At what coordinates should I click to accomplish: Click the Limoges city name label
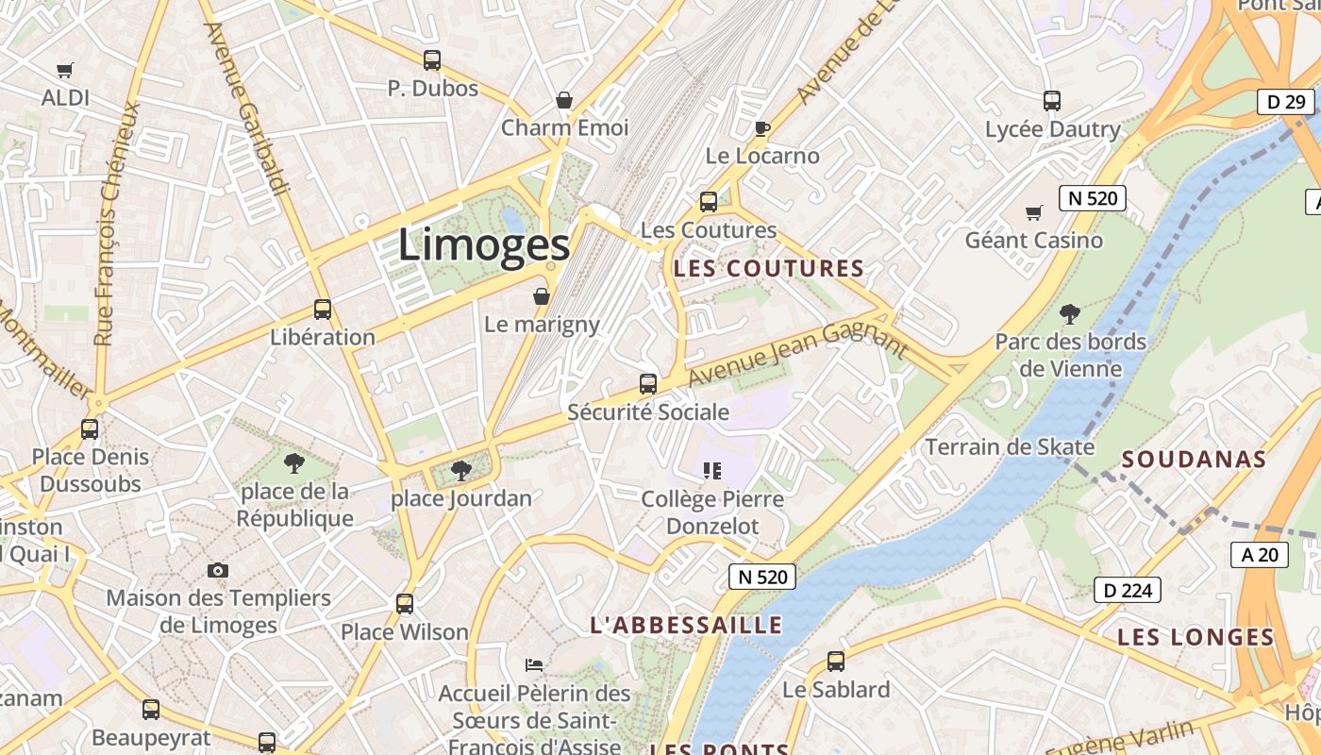click(484, 245)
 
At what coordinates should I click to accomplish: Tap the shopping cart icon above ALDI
click(65, 70)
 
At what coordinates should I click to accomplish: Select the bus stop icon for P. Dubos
click(432, 60)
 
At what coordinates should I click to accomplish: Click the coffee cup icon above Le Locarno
click(762, 128)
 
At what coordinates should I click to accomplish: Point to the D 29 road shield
click(1285, 102)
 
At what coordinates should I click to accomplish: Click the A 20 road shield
click(1260, 555)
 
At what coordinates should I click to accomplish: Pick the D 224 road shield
click(1127, 591)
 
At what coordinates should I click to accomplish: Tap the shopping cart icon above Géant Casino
click(1034, 213)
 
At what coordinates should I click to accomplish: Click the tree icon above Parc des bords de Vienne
click(1070, 314)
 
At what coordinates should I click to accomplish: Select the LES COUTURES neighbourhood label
click(769, 269)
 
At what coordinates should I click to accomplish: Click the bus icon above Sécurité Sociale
click(648, 384)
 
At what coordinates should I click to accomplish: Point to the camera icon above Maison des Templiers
click(218, 570)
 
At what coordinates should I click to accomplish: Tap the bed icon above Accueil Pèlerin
click(534, 664)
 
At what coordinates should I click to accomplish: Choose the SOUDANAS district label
click(1194, 461)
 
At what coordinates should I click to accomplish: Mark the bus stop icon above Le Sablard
click(836, 662)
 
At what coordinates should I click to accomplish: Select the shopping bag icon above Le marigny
click(542, 297)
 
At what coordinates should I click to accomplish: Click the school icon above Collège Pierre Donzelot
click(712, 470)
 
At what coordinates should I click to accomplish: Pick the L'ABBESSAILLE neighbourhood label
click(686, 625)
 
